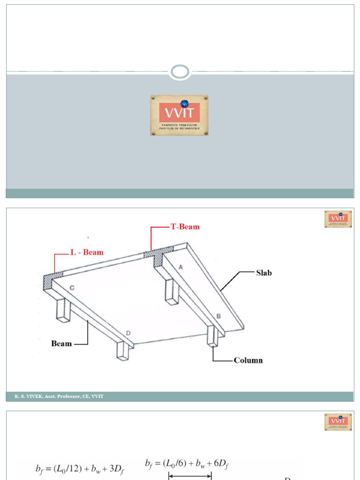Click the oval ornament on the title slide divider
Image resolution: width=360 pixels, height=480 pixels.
[x=180, y=72]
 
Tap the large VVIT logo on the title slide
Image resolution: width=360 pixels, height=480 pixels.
[x=179, y=115]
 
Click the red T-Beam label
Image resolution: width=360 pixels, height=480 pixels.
[x=185, y=227]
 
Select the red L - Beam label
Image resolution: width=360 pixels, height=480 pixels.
[x=87, y=252]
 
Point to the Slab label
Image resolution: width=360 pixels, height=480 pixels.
[x=264, y=273]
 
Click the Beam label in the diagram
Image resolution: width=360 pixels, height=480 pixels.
[x=61, y=344]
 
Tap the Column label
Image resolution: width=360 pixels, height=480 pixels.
[x=248, y=360]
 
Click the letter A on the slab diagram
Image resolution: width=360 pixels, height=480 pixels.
[x=180, y=266]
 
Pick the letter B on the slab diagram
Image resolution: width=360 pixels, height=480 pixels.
[x=218, y=316]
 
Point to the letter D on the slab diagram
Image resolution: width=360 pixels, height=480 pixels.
[x=127, y=333]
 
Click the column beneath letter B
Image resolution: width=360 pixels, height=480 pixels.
[x=212, y=337]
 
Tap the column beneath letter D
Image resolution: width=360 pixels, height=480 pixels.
[x=123, y=351]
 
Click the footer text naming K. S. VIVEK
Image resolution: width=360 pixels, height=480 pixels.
[x=55, y=397]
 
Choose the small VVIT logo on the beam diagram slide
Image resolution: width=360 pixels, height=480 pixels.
[x=338, y=219]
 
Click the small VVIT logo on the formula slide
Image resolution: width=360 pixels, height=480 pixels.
[x=338, y=422]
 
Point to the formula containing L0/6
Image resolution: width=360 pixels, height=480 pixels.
[x=187, y=464]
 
